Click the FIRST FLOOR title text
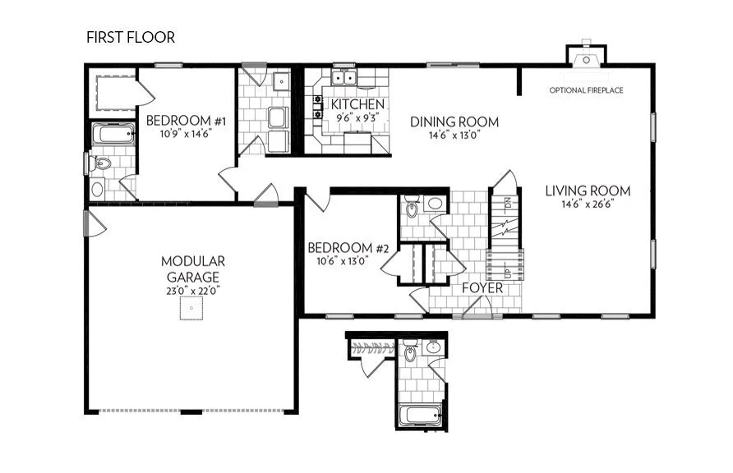pos(130,38)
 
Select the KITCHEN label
pos(357,104)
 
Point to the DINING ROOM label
pos(454,122)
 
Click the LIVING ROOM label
pos(588,191)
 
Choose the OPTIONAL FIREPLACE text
pos(586,90)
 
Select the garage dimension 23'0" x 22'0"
pos(193,290)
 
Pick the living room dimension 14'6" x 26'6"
pos(588,204)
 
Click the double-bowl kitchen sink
pos(344,79)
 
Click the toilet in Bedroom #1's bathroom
pos(101,163)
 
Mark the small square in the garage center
pos(192,309)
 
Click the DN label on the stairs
pos(508,201)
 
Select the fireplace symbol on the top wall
pos(585,54)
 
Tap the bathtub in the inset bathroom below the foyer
pos(422,416)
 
